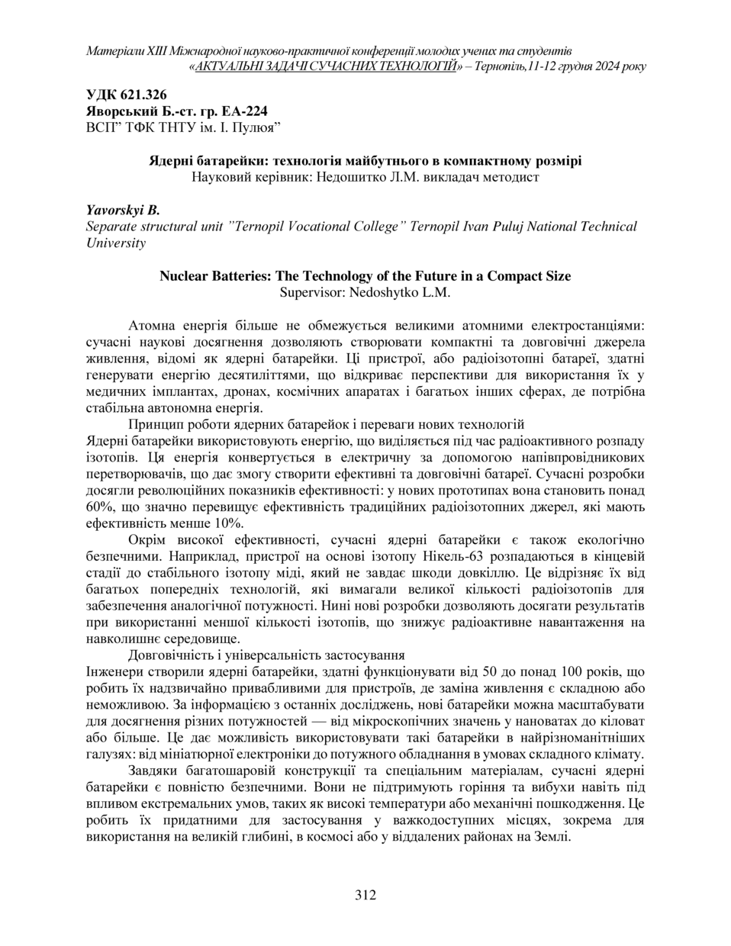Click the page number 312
point(365,895)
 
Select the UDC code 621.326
point(140,95)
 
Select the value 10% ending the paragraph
point(227,523)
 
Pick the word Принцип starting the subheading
point(153,423)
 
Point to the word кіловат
point(622,720)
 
